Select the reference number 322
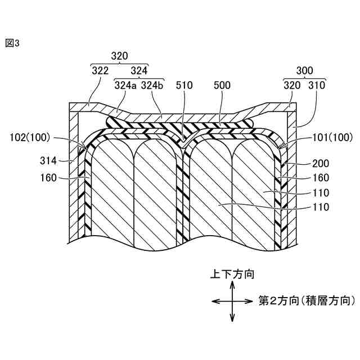(x=100, y=71)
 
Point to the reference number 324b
(x=152, y=85)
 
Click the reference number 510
(x=184, y=85)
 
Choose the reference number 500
(x=223, y=85)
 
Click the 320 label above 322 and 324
(x=119, y=56)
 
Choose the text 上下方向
(x=232, y=274)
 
